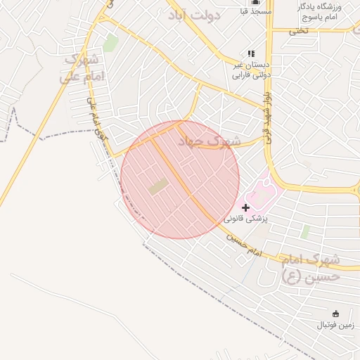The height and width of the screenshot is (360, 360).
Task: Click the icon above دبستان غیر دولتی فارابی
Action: [x=251, y=53]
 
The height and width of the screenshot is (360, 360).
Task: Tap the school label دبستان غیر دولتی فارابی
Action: [x=252, y=67]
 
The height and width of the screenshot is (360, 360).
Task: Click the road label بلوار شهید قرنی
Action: [x=266, y=112]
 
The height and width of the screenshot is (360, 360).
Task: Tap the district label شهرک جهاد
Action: [x=210, y=141]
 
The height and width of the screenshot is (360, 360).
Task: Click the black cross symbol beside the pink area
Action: [x=245, y=207]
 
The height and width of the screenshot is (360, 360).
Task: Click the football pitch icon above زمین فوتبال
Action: [x=335, y=314]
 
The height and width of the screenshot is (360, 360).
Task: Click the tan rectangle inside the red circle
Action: [x=158, y=187]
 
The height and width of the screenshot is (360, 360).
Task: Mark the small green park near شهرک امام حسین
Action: [x=305, y=231]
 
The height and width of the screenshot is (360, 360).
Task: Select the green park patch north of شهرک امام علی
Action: [x=110, y=43]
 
